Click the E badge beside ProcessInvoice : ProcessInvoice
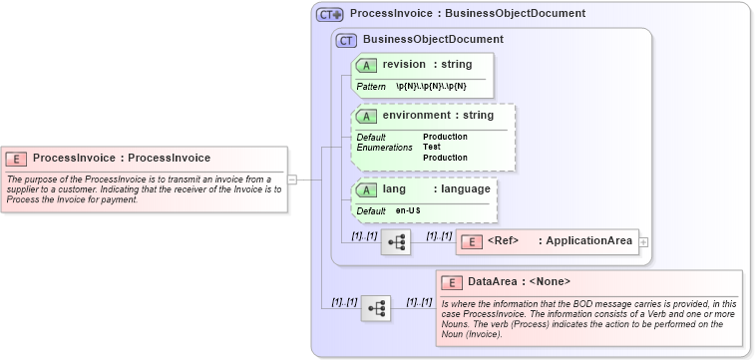point(16,158)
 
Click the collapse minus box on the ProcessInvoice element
point(292,180)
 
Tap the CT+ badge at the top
point(330,14)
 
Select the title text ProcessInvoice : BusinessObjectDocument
point(467,14)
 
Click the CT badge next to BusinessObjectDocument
point(347,40)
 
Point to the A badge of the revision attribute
point(366,65)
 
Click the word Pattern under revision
point(371,87)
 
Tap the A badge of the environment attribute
point(366,116)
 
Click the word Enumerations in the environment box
point(384,148)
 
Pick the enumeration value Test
point(432,148)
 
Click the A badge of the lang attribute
point(366,189)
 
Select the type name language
point(462,189)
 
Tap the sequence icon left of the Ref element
point(396,241)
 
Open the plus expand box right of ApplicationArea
point(643,241)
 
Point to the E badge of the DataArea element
point(452,282)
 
